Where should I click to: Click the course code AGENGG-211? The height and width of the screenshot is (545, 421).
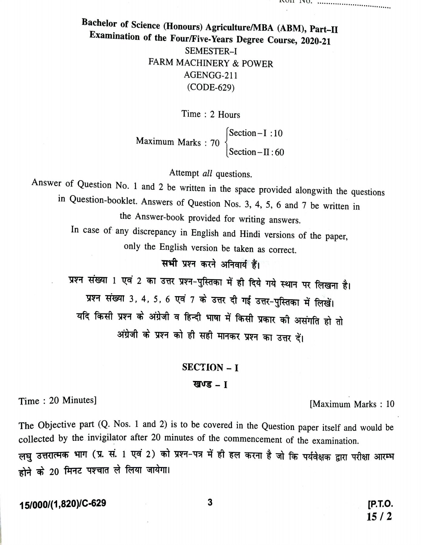[211, 75]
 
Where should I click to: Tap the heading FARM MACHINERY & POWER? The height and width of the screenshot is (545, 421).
[211, 63]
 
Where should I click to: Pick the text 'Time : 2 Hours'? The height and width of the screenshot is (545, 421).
[211, 114]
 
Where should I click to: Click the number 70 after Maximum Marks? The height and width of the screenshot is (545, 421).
[215, 142]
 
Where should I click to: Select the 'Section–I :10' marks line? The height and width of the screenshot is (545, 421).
[256, 133]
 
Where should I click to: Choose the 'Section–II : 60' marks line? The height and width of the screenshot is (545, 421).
[256, 152]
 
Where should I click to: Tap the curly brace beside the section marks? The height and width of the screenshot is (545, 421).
[226, 142]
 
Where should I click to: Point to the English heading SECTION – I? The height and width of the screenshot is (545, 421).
[210, 367]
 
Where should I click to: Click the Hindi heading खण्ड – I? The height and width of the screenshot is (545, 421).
[210, 385]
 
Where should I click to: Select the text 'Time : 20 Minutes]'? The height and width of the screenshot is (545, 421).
[57, 401]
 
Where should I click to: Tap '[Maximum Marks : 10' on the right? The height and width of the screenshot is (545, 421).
[352, 404]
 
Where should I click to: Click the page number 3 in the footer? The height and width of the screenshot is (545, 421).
[210, 503]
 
